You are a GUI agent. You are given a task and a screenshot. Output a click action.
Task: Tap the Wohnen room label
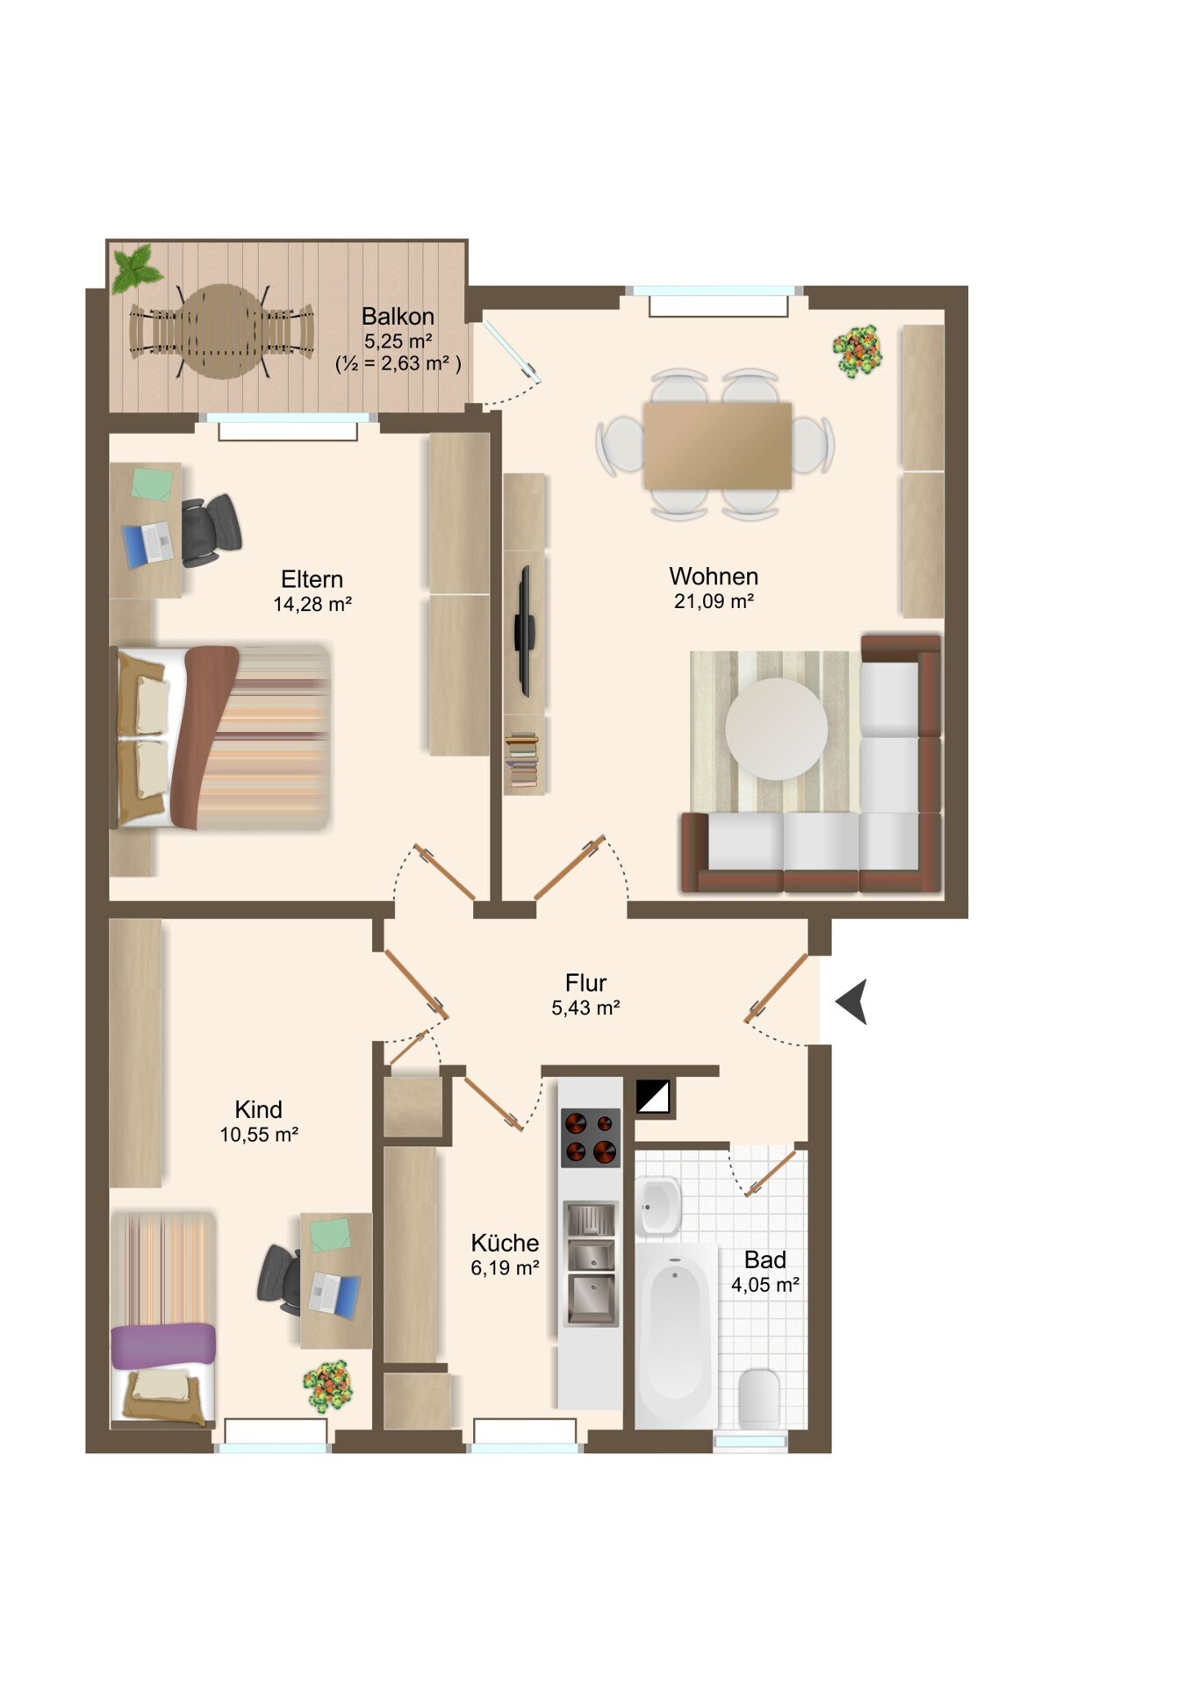[x=714, y=576]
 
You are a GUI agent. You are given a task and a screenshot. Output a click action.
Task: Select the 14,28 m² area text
[x=312, y=604]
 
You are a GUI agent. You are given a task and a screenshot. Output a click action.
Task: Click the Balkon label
[x=398, y=316]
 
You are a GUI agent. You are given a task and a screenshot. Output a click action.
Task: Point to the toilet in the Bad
[x=759, y=1399]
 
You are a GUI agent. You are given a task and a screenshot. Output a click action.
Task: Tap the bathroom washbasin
[x=658, y=1206]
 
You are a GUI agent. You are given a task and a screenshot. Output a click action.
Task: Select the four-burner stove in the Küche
[x=591, y=1137]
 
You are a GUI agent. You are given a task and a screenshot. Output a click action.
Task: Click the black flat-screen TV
[x=525, y=630]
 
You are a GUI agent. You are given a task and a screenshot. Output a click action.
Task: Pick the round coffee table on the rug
[x=776, y=728]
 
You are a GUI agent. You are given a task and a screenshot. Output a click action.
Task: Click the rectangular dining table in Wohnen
[x=718, y=445]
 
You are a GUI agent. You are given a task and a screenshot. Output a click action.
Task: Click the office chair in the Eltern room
[x=211, y=530]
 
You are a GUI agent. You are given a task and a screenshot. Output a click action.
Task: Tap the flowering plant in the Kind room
[x=328, y=1386]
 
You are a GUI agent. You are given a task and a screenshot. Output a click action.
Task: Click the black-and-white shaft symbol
[x=653, y=1096]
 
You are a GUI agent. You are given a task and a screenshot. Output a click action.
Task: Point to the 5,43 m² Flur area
[x=585, y=1007]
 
